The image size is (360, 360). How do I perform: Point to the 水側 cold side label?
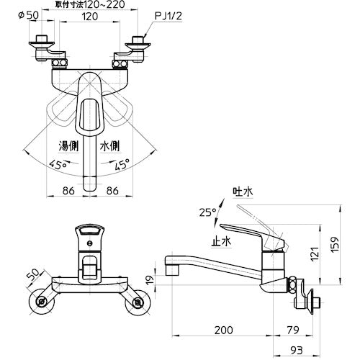(109, 145)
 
